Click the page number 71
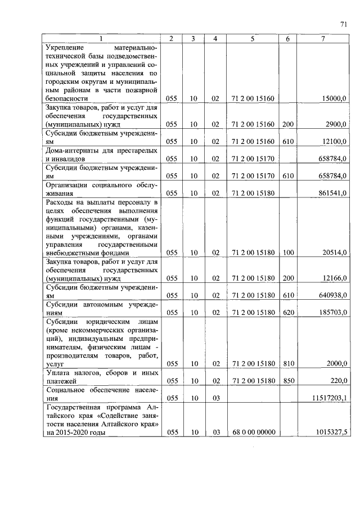[343, 24]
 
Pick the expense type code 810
[288, 363]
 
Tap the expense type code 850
[288, 381]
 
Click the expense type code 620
[288, 312]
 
